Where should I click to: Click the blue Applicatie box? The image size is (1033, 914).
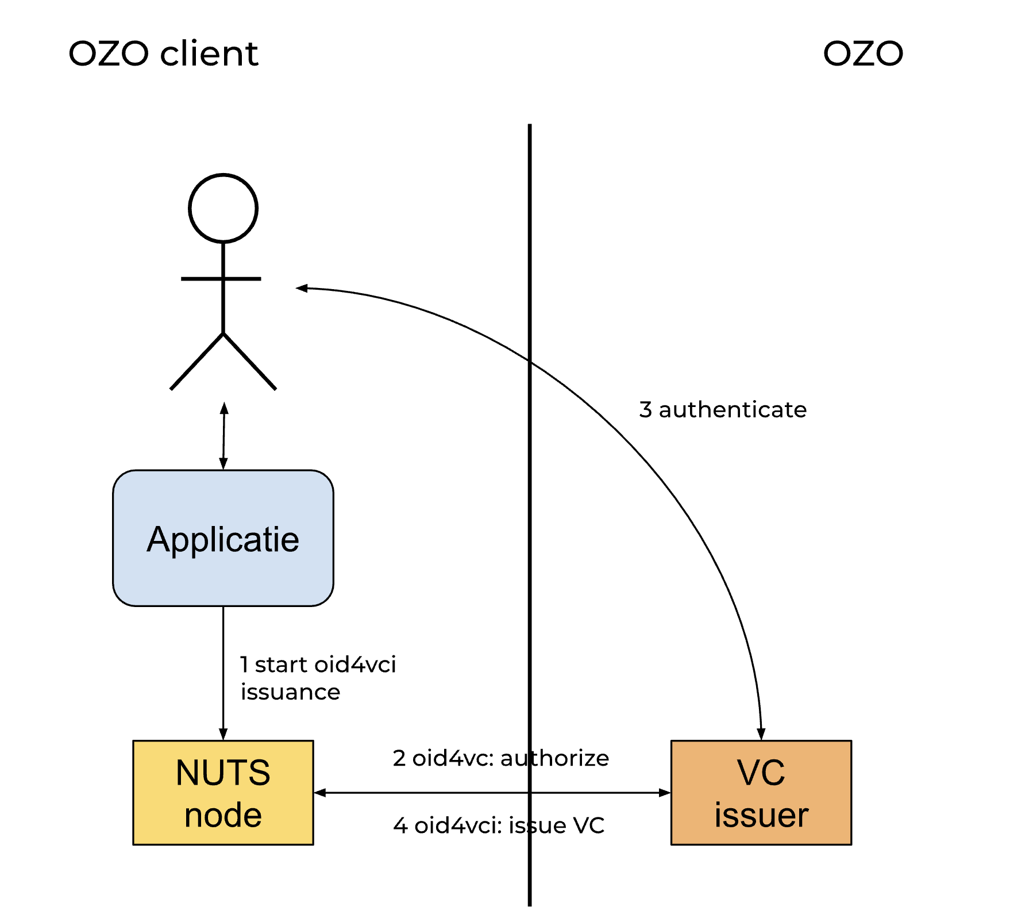223,538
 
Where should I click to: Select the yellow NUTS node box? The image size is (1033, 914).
223,792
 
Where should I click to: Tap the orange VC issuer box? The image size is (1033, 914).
761,792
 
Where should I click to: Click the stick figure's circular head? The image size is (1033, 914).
223,208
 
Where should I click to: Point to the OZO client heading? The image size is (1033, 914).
163,53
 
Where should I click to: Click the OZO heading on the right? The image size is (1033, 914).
862,53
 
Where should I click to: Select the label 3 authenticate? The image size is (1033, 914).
723,410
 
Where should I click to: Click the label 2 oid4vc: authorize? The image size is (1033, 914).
500,758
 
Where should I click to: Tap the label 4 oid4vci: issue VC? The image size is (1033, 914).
499,825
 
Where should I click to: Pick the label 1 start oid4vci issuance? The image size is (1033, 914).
318,678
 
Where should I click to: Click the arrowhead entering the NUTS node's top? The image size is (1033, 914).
223,734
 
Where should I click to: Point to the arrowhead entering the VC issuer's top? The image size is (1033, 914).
761,734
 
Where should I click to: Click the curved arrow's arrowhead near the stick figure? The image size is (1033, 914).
302,288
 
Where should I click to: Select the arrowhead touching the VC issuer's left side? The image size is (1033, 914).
665,793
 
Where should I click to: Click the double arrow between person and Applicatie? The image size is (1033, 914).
224,436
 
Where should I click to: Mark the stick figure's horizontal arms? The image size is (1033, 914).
221,279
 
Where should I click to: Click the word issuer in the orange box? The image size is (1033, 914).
761,815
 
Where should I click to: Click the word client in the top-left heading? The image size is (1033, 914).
209,53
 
